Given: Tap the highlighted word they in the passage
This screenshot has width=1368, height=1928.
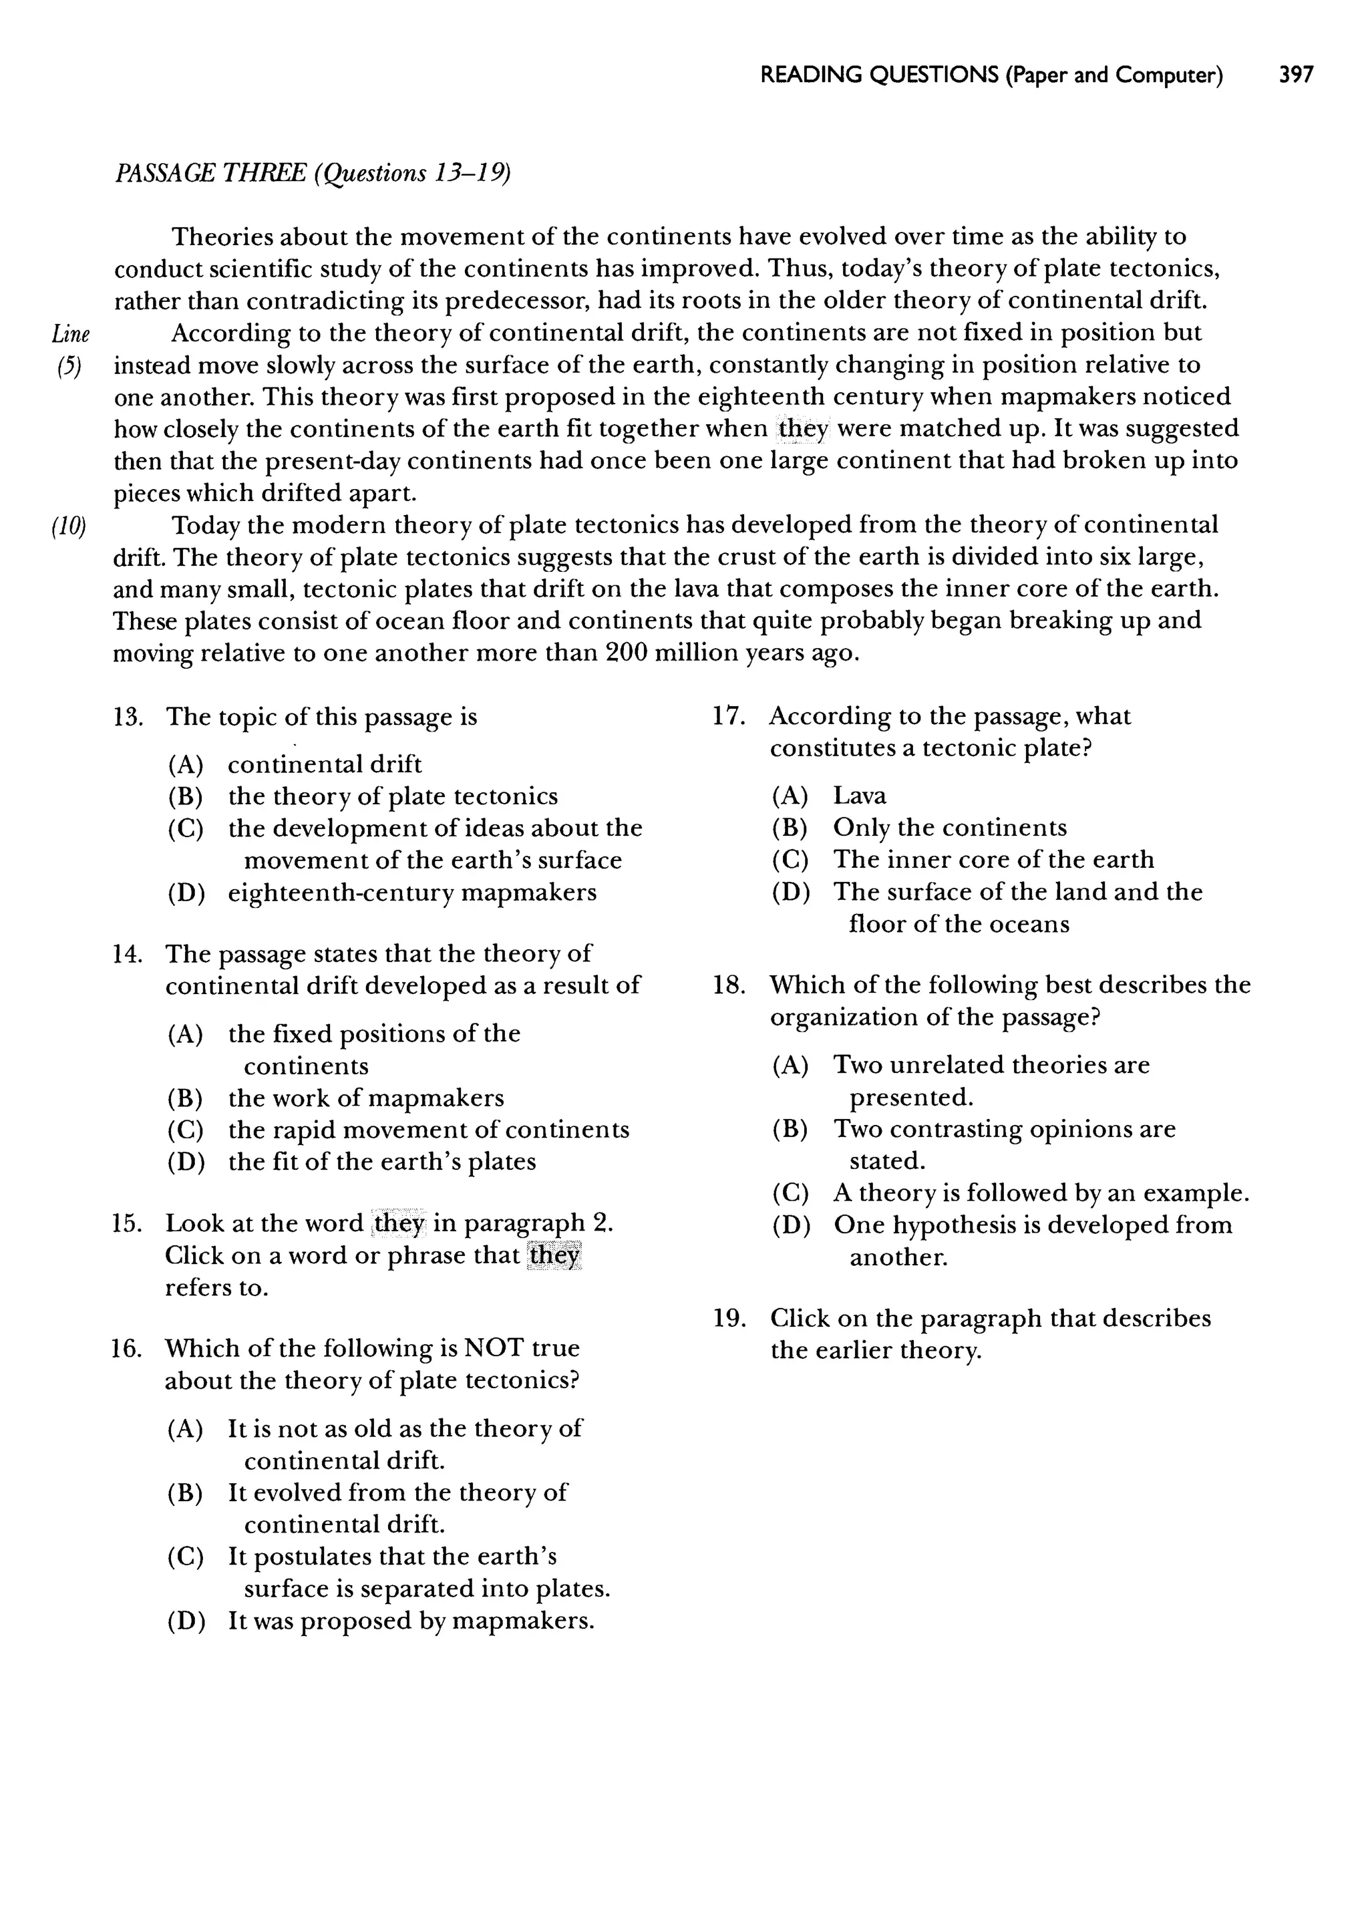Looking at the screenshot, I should click(804, 429).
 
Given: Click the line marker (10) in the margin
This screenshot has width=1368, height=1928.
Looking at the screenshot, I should click(69, 526).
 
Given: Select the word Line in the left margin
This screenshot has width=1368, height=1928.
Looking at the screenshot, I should click(71, 335).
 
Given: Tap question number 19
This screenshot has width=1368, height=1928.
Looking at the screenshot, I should click(729, 1318).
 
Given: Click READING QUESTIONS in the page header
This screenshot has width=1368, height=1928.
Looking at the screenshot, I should click(878, 75).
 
